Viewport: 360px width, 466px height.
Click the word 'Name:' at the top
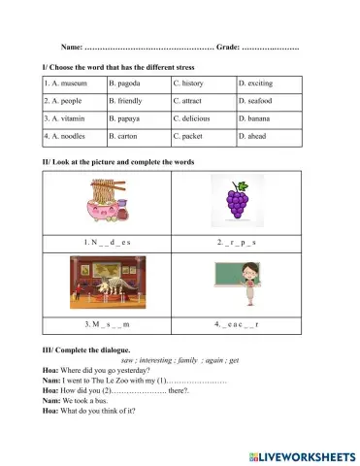[72, 47]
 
